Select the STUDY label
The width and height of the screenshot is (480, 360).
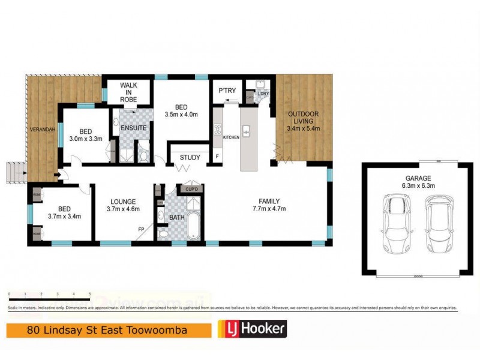pos(190,158)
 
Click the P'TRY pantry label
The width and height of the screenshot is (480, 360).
pos(227,91)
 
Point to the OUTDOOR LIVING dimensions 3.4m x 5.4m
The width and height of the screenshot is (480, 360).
pos(303,128)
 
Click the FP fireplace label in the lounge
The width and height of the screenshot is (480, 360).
pos(140,229)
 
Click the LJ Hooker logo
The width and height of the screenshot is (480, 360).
pos(251,329)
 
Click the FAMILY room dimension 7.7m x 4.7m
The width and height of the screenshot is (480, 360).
pos(268,209)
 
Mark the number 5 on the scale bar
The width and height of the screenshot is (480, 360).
pos(89,294)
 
